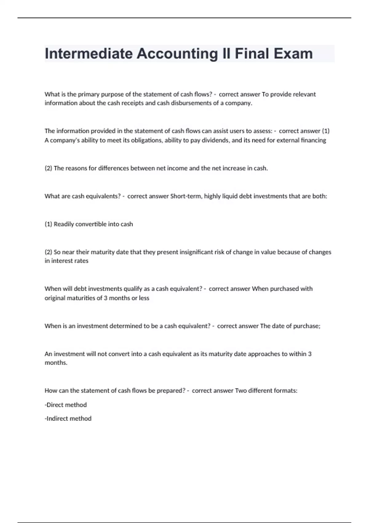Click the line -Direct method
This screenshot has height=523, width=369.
point(66,405)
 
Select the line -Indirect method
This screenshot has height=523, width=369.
point(68,418)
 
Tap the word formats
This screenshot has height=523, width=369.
point(285,391)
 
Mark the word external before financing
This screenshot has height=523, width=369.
point(288,140)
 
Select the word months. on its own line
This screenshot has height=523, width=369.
point(56,363)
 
